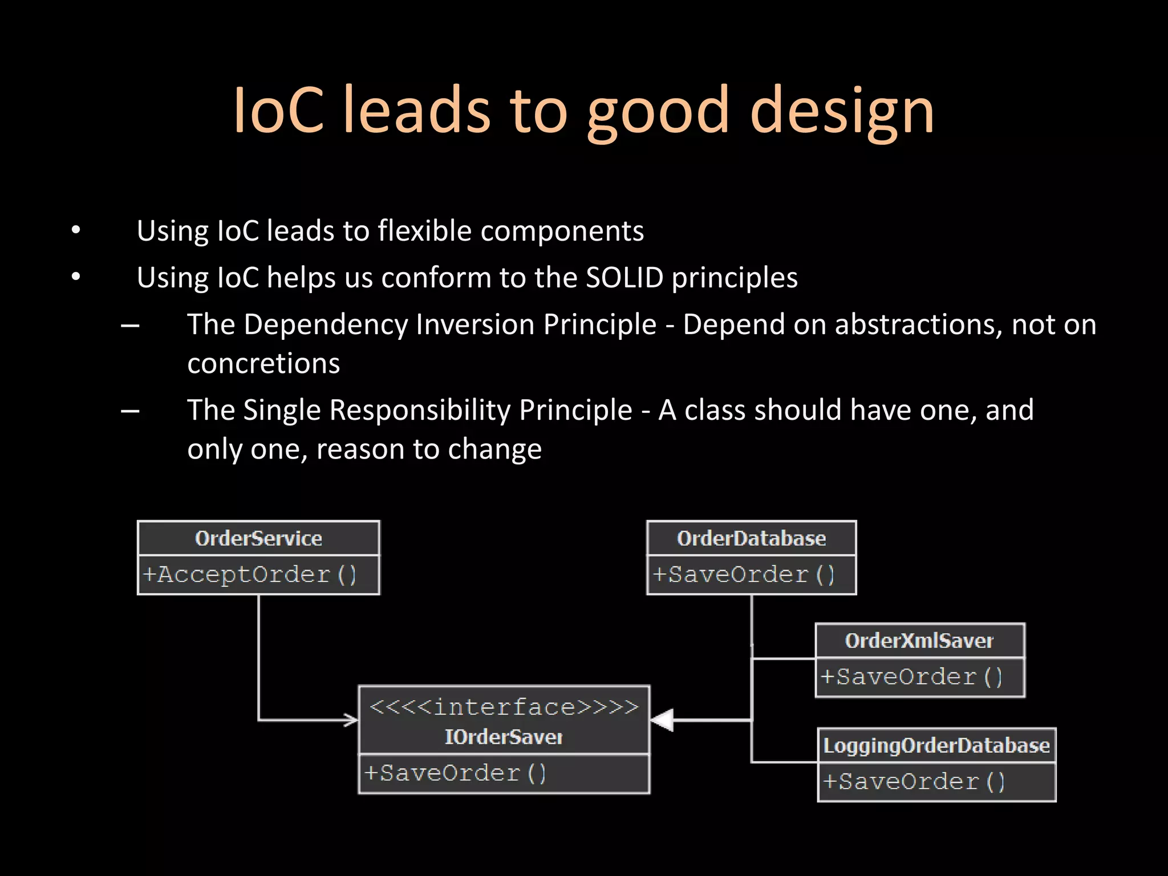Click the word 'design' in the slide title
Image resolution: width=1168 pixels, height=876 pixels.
(842, 111)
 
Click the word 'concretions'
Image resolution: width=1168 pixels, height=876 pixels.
(263, 363)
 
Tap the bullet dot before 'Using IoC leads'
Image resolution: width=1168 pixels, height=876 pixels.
(76, 230)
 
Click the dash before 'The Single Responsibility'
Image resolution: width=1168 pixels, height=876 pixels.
(131, 411)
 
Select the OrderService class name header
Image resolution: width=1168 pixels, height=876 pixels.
(258, 538)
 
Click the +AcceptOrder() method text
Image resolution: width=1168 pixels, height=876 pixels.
(250, 574)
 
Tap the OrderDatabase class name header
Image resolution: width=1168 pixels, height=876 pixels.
(751, 538)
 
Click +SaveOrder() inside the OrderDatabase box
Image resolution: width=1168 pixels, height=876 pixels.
(744, 574)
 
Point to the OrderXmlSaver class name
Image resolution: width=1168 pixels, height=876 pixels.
(919, 640)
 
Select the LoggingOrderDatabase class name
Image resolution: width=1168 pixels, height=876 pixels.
(936, 745)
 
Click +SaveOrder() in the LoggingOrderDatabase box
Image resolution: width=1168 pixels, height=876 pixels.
(914, 781)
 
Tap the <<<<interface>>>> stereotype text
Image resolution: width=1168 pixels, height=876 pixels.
(504, 707)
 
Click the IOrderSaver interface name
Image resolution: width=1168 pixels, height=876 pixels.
(504, 737)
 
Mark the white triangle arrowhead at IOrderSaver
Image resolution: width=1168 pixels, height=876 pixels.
(663, 720)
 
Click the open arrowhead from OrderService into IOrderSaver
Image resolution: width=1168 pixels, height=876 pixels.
(351, 720)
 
